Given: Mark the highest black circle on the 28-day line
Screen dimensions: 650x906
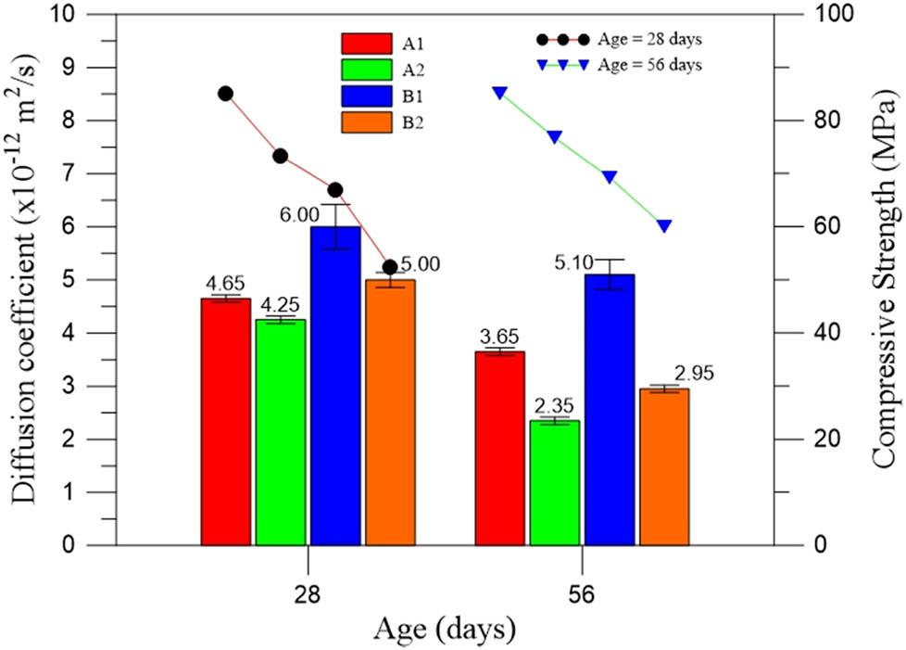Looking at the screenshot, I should point(225,94).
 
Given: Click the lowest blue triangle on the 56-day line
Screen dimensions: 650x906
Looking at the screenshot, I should point(664,226).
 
